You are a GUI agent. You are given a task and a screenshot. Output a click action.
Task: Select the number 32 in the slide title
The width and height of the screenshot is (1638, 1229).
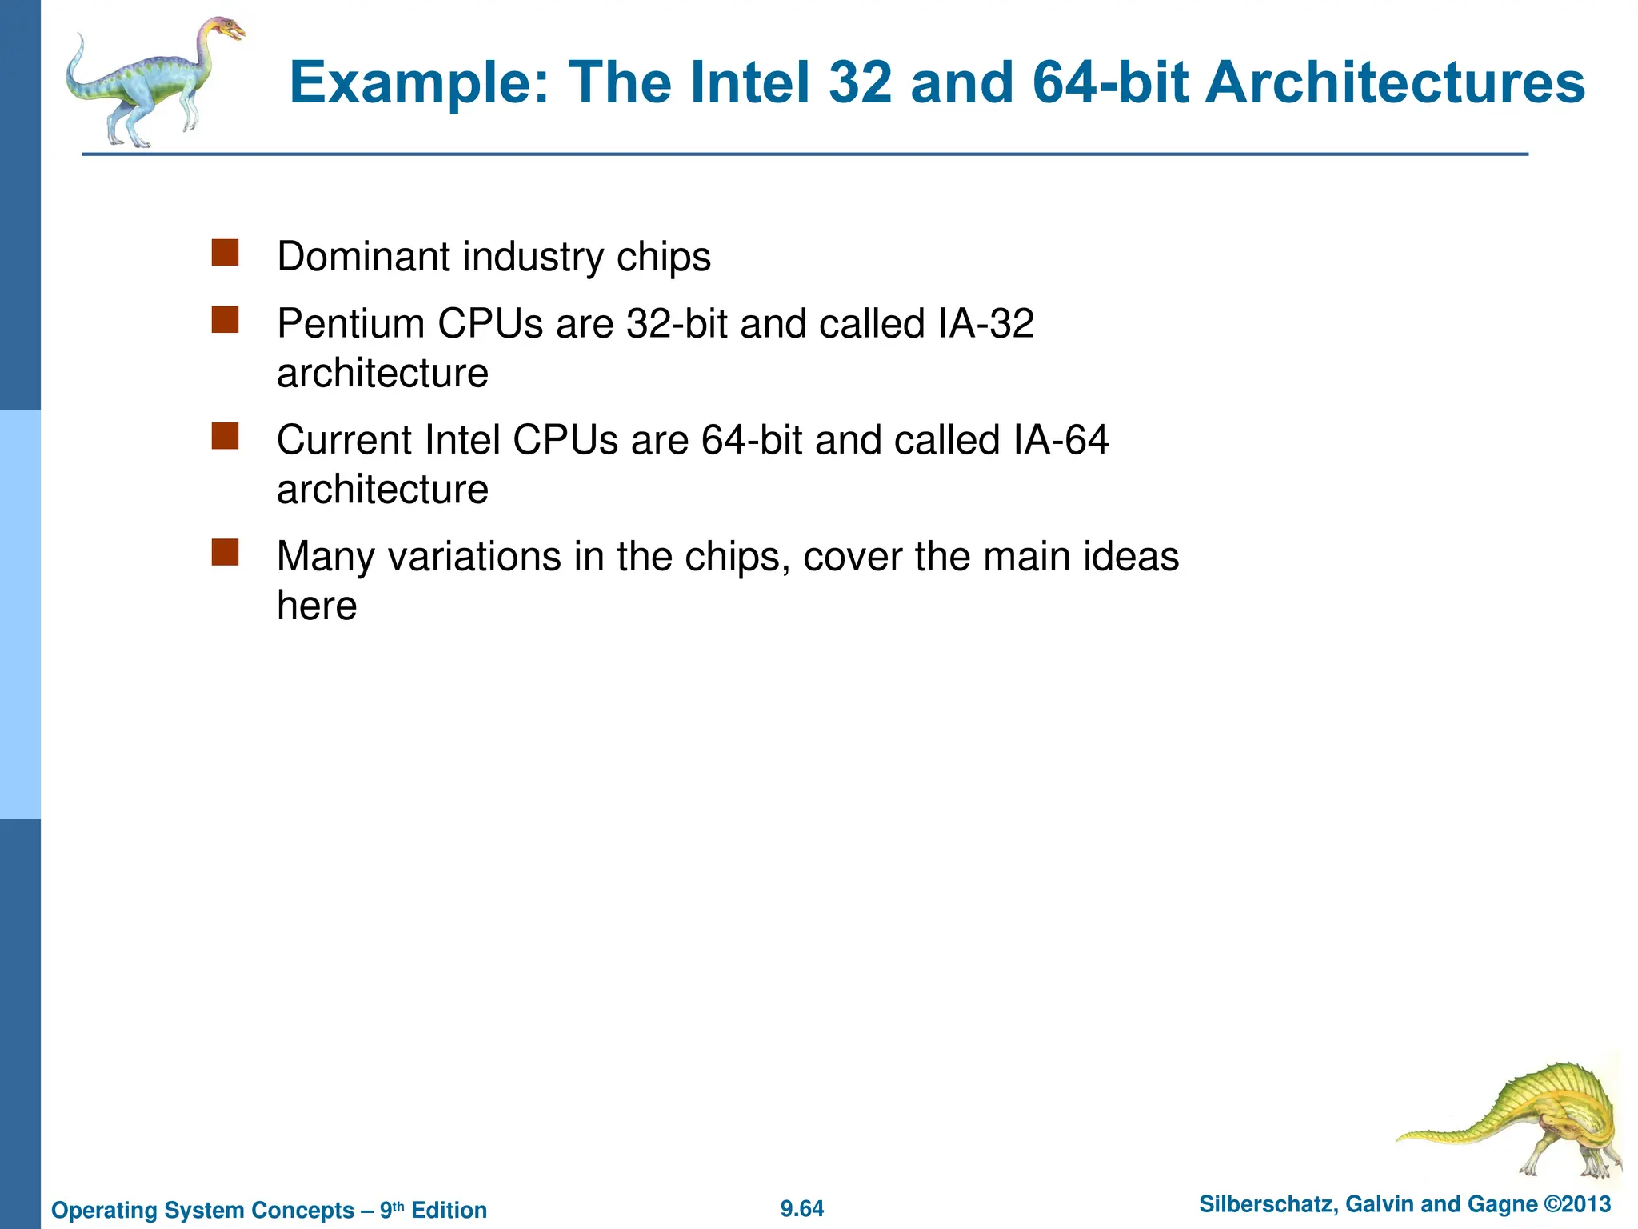tap(860, 83)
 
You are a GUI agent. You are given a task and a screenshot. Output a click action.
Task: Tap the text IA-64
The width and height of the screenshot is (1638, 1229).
tap(1060, 440)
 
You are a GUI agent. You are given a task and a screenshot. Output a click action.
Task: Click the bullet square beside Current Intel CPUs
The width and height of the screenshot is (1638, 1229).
tap(225, 436)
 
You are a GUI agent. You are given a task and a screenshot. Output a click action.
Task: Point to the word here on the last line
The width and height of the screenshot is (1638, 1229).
tap(317, 606)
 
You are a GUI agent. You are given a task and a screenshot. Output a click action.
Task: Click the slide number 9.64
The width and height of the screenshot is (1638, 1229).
tap(802, 1209)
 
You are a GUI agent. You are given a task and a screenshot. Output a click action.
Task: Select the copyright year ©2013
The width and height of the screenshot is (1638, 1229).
tap(1577, 1205)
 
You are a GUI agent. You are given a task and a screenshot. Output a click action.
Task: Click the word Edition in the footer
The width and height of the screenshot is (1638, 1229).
tap(449, 1210)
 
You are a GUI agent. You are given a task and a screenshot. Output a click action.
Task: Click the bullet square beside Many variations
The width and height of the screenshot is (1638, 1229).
tap(225, 552)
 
